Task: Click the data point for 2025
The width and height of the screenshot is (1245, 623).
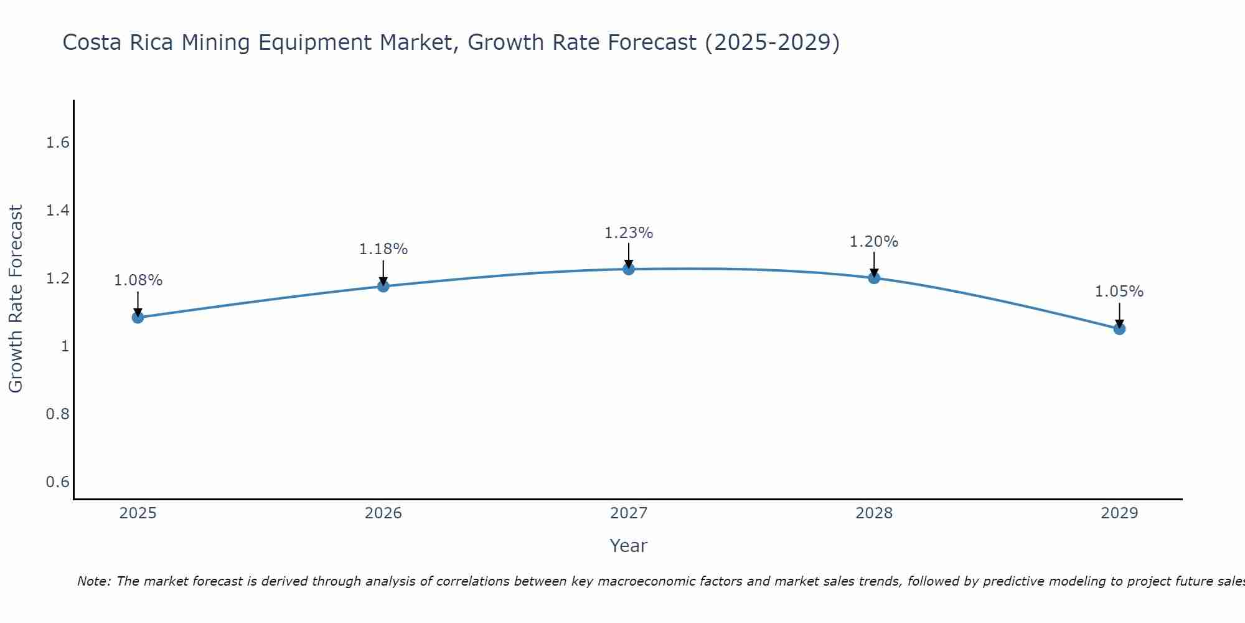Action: (x=138, y=318)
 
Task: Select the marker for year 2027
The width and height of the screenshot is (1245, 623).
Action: (x=629, y=269)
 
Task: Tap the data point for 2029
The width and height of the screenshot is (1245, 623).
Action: (x=1119, y=329)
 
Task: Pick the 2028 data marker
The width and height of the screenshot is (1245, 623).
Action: (x=874, y=278)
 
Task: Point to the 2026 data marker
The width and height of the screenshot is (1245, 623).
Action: (x=383, y=287)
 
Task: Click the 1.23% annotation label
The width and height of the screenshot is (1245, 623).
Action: (x=629, y=233)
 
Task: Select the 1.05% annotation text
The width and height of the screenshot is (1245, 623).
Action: (x=1119, y=292)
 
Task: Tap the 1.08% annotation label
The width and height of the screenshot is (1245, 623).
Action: (x=138, y=280)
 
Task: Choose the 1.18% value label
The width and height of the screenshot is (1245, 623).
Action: (x=383, y=249)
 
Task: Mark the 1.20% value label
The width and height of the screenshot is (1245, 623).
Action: (x=874, y=242)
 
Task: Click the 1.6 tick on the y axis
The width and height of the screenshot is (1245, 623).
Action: (x=57, y=143)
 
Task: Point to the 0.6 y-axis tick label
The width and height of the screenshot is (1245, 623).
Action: (x=57, y=482)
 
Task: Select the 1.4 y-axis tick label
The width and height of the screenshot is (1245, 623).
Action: (x=57, y=211)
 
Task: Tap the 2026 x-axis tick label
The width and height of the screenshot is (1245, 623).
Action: (x=383, y=513)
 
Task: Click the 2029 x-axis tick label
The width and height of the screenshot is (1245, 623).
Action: (x=1119, y=513)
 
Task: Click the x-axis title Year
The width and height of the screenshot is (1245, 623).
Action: (x=629, y=546)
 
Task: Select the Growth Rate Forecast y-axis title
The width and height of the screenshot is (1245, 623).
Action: (x=16, y=299)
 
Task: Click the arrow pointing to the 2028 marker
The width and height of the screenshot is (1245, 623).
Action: (x=874, y=263)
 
